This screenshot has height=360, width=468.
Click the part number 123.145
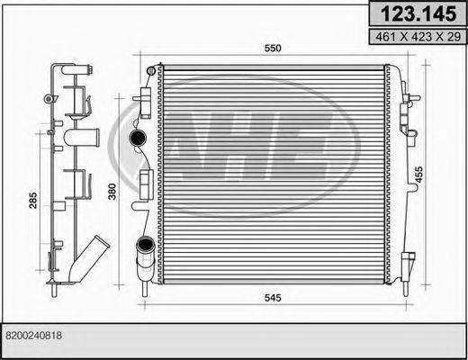pos(418,13)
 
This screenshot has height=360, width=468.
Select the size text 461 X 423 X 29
pos(418,37)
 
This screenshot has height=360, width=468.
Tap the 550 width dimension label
pos(273,49)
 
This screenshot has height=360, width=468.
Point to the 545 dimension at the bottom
pos(273,298)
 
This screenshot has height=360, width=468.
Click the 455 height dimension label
pos(418,174)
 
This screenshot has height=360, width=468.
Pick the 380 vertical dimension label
pos(112,192)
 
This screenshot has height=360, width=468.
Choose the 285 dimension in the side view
pos(33,201)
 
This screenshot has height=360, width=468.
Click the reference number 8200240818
pos(33,335)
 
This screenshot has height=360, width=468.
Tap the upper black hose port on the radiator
pos(138,138)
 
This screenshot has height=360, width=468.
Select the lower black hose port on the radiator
pos(145,244)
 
